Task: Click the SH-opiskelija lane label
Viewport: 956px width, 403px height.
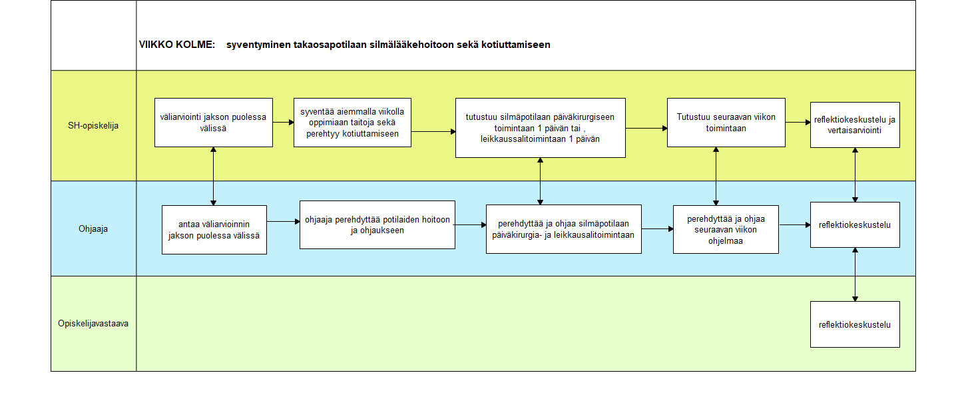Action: coord(93,125)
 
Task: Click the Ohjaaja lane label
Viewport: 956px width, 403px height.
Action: coord(93,229)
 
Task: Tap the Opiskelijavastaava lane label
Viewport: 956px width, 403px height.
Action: coord(93,323)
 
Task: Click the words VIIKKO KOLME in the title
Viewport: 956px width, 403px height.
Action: coord(176,45)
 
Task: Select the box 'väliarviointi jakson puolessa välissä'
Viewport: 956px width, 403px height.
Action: coord(214,123)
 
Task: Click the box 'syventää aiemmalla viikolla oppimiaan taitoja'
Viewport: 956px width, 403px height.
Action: coord(352,123)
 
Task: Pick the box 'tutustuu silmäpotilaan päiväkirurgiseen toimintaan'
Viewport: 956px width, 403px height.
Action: coord(541,128)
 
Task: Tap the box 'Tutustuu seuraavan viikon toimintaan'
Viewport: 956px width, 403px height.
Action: coord(726,123)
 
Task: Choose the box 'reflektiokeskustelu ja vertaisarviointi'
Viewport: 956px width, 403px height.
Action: coord(855,125)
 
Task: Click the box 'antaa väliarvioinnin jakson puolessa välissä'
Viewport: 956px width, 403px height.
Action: coord(214,230)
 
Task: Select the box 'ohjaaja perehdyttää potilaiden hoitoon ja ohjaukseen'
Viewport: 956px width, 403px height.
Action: coord(377,225)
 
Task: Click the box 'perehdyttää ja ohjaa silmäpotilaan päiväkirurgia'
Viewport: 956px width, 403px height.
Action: coord(563,229)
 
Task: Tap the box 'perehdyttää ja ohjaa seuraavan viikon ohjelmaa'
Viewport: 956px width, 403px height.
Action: coord(726,230)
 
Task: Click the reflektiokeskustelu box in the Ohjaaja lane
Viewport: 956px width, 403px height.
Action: coord(855,225)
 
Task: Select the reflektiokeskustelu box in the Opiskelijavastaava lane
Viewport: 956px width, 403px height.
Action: coord(855,324)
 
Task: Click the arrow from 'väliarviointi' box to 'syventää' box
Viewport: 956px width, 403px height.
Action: coord(284,123)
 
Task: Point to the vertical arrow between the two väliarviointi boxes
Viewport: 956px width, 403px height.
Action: coord(214,177)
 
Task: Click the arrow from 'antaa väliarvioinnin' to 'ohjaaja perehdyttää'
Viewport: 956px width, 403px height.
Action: coord(284,222)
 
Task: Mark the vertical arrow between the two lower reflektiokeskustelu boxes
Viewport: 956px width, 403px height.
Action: coord(855,274)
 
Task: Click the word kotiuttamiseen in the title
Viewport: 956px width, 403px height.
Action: coord(515,45)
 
